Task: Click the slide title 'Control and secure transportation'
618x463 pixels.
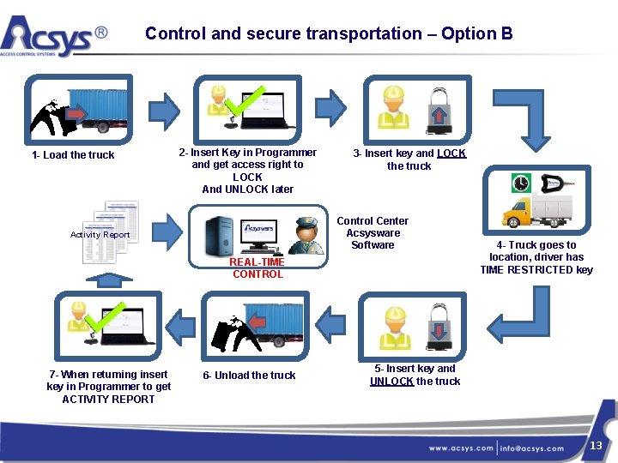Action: [328, 33]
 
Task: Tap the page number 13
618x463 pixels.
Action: [596, 445]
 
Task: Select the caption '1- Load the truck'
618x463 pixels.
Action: [73, 155]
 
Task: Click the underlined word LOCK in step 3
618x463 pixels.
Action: [451, 153]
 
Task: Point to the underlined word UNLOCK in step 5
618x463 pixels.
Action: [391, 382]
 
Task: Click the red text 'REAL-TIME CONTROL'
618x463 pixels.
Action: [257, 268]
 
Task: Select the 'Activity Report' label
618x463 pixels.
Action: [100, 234]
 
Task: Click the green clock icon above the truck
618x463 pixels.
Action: [521, 183]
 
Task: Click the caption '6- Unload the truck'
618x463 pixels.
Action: [249, 376]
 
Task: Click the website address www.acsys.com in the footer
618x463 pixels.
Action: [461, 448]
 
